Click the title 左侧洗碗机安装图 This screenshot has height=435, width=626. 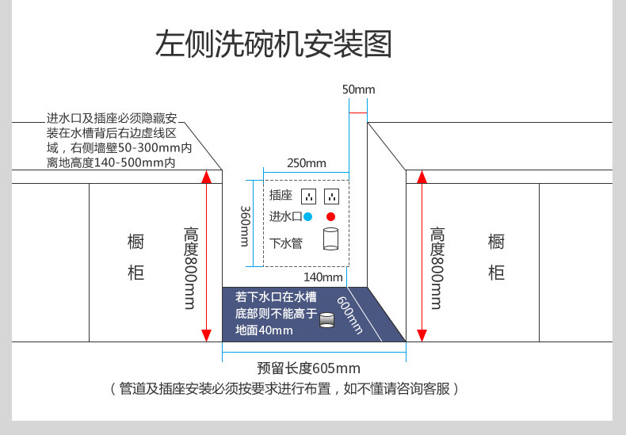tap(273, 44)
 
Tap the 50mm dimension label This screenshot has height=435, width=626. tap(358, 90)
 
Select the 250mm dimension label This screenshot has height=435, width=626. tap(306, 162)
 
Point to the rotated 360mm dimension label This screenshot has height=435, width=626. tap(245, 226)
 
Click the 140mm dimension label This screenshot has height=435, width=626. tap(323, 277)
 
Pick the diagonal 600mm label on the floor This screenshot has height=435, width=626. tap(350, 315)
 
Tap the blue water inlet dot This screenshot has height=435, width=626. tap(307, 216)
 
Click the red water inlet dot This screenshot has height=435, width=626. tap(330, 216)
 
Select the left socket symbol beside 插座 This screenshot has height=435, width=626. tap(308, 197)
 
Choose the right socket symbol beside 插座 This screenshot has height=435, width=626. tap(332, 197)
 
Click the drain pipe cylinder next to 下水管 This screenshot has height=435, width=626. tap(330, 239)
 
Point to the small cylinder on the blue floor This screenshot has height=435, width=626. tap(326, 320)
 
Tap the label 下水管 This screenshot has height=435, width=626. tap(286, 243)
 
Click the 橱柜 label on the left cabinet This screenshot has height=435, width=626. tap(136, 258)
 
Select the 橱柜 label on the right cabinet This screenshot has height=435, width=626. tap(496, 258)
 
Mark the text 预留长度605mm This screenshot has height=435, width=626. tap(308, 368)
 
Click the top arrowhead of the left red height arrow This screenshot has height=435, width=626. tap(206, 176)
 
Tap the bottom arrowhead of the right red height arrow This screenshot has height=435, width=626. tap(422, 336)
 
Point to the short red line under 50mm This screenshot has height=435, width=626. tap(358, 113)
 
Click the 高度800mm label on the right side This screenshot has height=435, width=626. tap(437, 268)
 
